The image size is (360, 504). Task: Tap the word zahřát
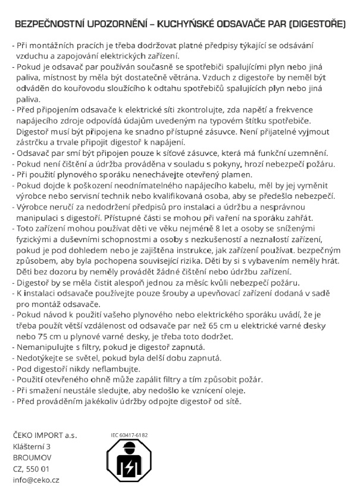(x=298, y=218)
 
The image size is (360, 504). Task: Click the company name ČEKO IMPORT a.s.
(x=45, y=436)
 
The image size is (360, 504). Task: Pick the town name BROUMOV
(x=32, y=457)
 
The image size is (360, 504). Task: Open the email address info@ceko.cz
(x=36, y=480)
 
